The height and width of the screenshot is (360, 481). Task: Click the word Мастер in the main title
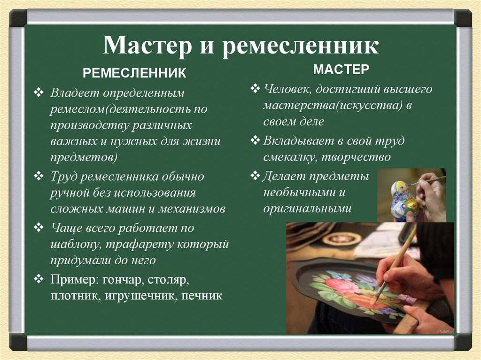[x=147, y=45]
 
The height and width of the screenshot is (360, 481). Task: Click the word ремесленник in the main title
[x=300, y=46]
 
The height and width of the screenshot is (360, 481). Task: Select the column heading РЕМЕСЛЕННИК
[x=134, y=73]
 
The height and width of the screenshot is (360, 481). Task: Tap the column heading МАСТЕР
[x=341, y=69]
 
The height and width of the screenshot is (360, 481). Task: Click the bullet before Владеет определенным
[x=39, y=92]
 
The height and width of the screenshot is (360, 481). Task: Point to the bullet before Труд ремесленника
[x=39, y=176]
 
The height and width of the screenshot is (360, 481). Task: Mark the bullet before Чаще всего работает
[x=39, y=228]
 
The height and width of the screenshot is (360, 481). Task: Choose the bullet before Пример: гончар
[x=39, y=279]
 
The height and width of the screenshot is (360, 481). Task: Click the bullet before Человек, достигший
[x=255, y=89]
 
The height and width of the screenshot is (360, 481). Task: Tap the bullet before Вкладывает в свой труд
[x=255, y=140]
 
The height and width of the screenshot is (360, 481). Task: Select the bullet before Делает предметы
[x=255, y=176]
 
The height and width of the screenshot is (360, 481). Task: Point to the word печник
[x=202, y=296]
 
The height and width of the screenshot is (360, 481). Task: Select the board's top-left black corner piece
[x=18, y=18]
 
